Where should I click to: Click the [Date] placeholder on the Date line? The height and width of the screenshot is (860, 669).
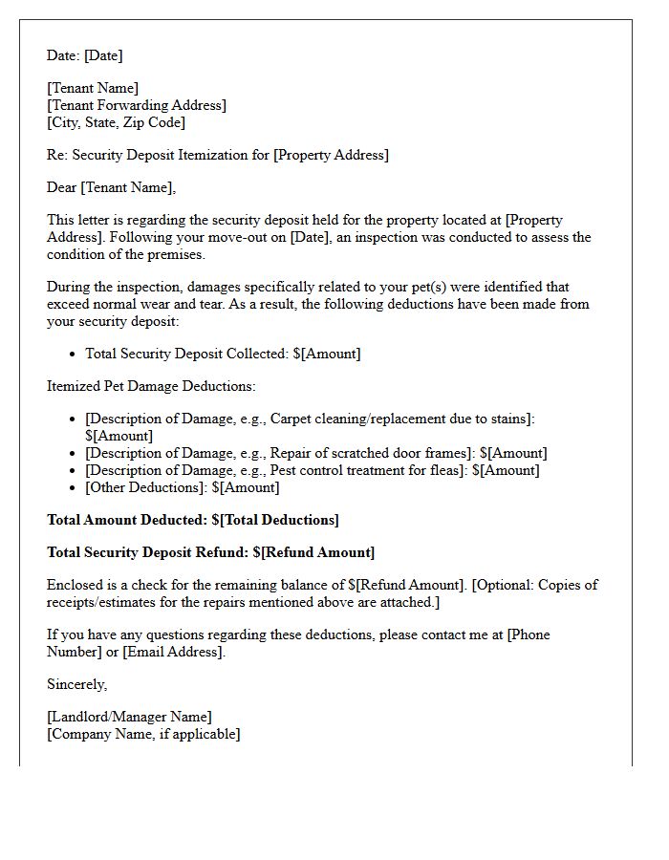click(x=103, y=55)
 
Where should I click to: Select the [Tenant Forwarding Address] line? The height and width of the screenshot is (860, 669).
click(x=137, y=105)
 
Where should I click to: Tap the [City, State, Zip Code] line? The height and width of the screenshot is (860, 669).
click(x=116, y=122)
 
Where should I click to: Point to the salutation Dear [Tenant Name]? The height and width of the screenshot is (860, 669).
click(x=111, y=187)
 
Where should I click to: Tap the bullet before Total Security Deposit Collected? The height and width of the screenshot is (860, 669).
click(x=73, y=354)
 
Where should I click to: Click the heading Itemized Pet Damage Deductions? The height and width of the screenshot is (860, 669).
click(x=151, y=386)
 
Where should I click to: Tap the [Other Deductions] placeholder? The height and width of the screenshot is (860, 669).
click(x=146, y=487)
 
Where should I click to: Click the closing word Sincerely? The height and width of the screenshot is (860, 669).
click(x=76, y=684)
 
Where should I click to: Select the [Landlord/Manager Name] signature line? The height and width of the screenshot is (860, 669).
click(x=129, y=717)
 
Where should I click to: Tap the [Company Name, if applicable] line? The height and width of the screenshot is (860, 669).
click(x=143, y=734)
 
